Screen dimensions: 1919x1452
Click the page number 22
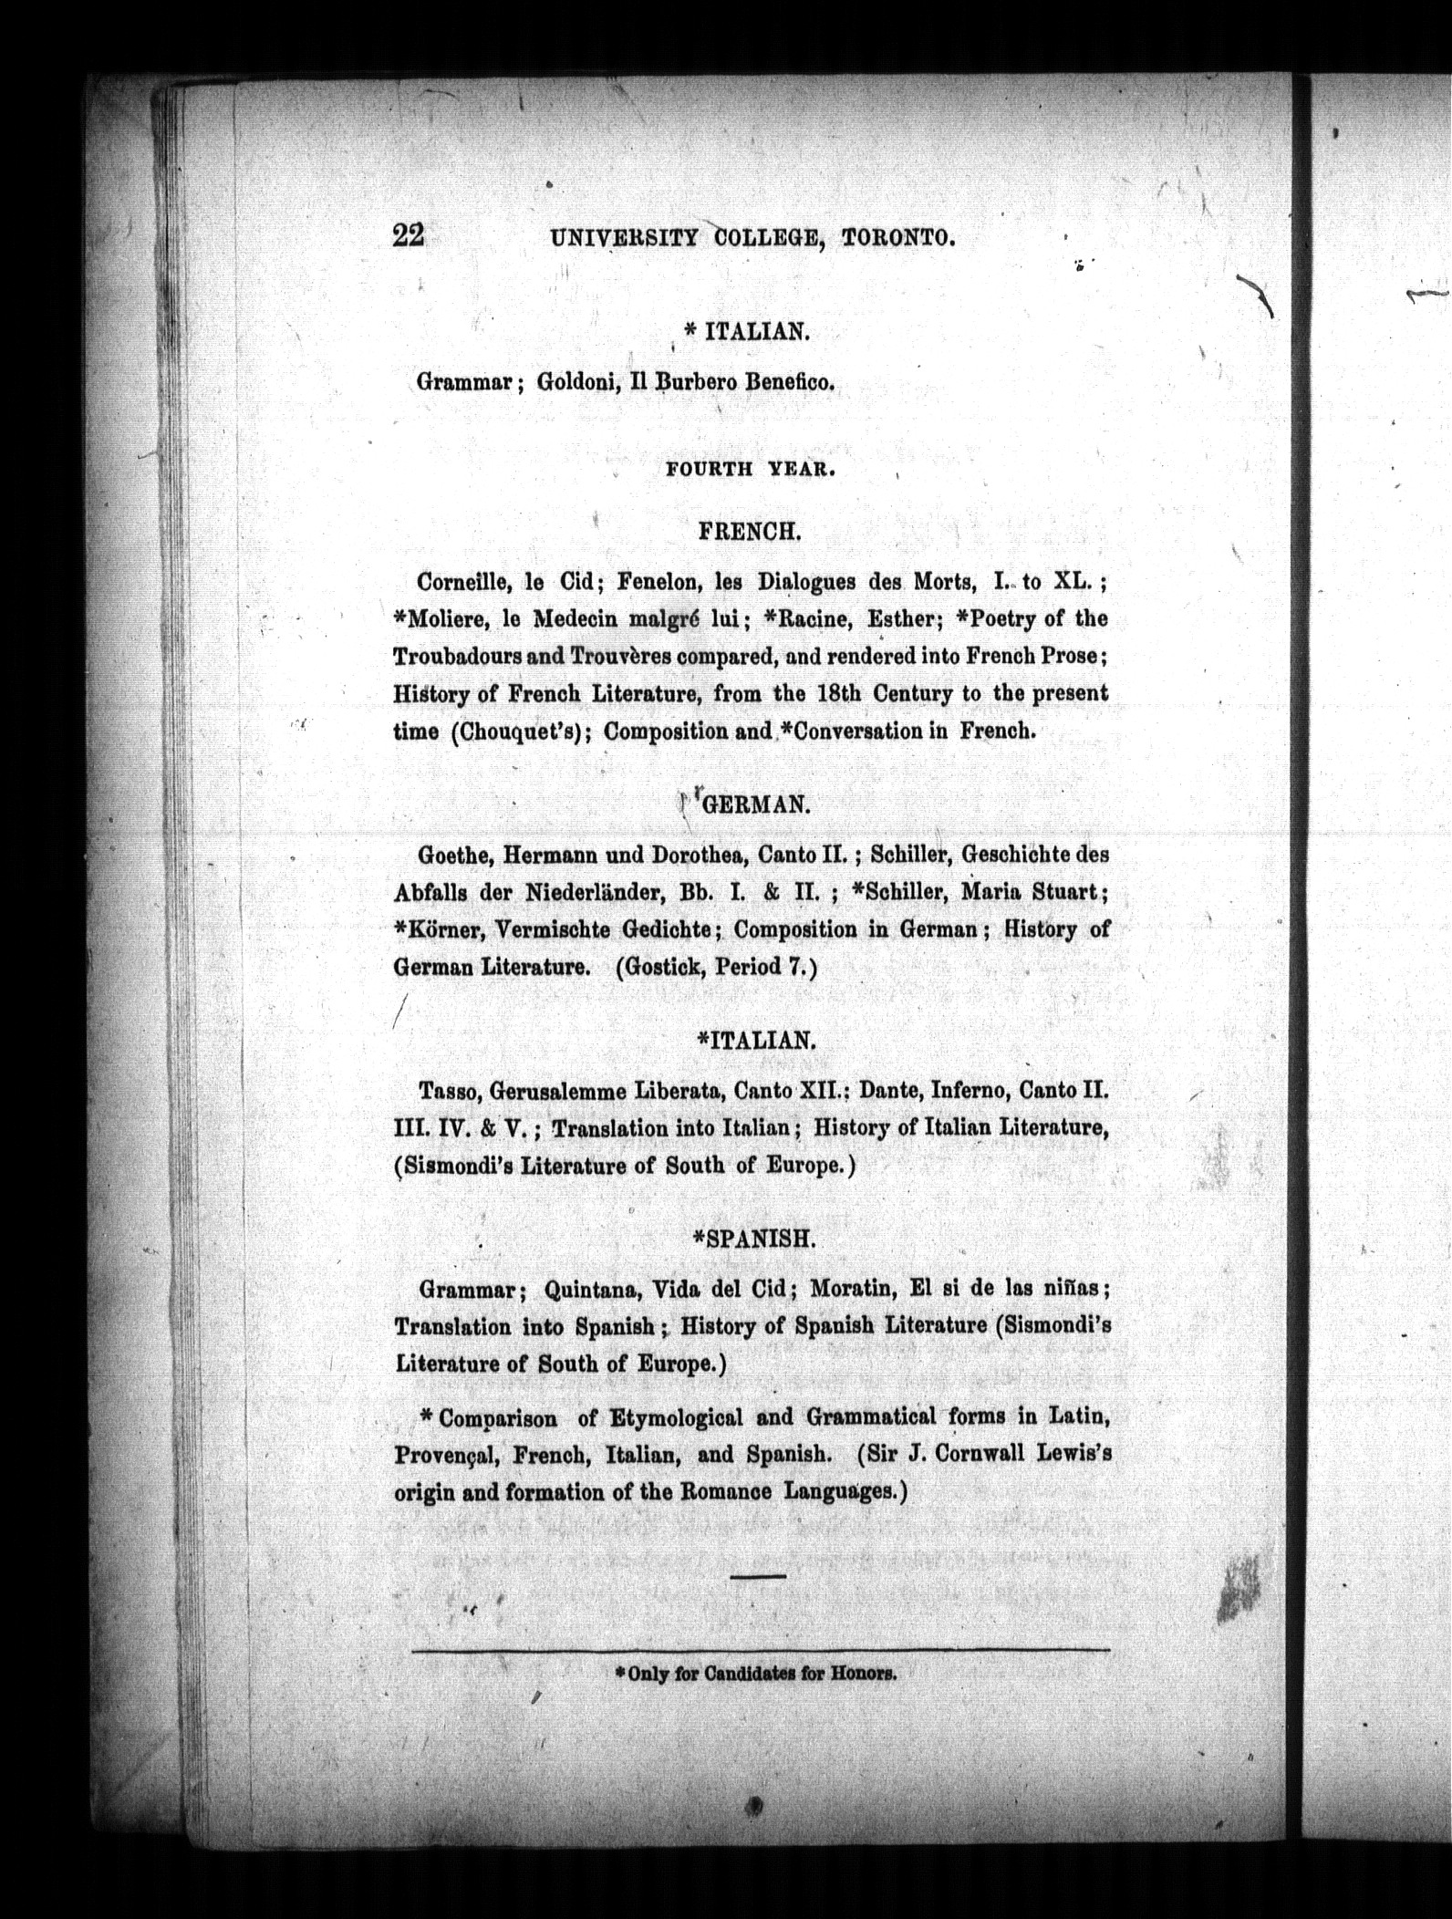(x=408, y=235)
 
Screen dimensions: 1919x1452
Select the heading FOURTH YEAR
(x=751, y=470)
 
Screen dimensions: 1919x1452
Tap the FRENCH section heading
(x=750, y=531)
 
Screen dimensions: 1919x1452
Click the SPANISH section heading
(x=754, y=1238)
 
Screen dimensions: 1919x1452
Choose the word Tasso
(x=445, y=1091)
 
